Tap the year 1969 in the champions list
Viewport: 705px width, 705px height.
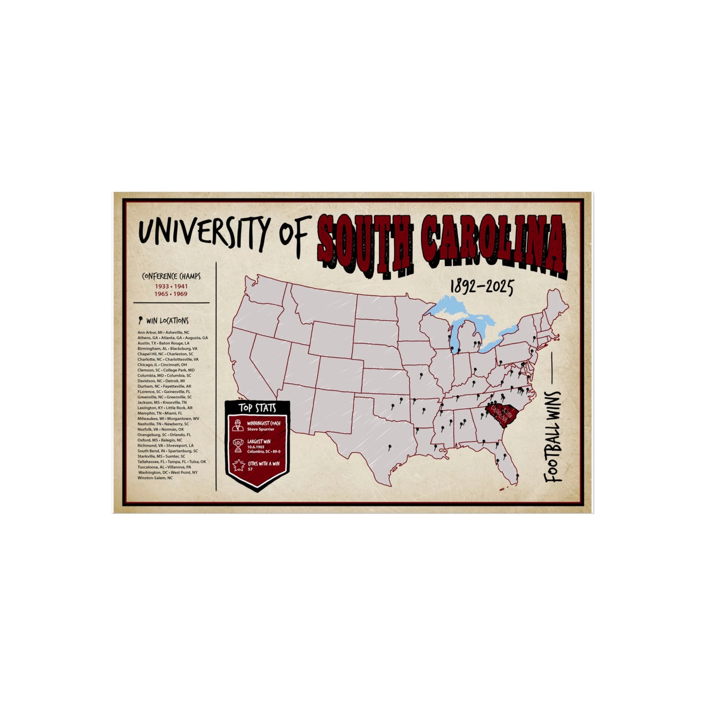pos(180,294)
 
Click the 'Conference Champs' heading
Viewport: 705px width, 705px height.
pos(171,277)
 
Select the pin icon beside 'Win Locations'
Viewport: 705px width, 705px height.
pos(141,321)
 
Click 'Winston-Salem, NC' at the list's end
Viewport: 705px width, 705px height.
pos(155,478)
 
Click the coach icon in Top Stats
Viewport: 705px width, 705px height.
pos(238,424)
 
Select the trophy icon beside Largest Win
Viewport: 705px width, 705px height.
pos(238,445)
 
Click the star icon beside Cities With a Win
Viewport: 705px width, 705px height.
pos(238,465)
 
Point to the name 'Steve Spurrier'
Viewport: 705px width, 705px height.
pos(261,429)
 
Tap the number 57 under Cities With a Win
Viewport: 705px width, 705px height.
pos(250,469)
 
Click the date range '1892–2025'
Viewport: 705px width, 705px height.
pos(481,288)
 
